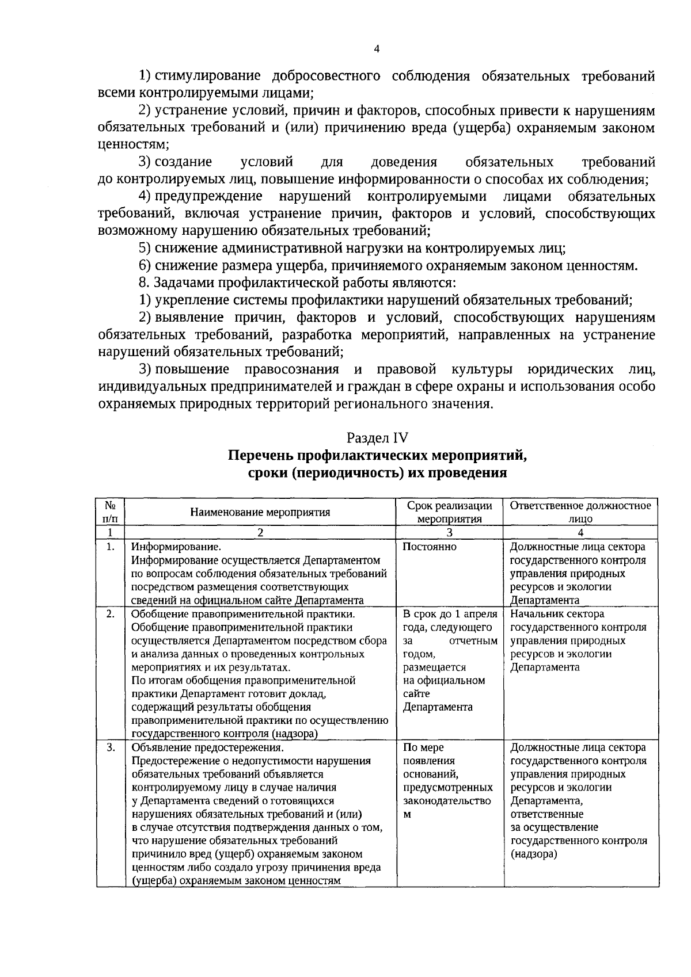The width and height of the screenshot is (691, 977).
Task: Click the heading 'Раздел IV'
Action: point(377,438)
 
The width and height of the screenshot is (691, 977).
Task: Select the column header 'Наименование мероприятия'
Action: point(260,512)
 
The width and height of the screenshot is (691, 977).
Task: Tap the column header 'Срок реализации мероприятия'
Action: point(449,512)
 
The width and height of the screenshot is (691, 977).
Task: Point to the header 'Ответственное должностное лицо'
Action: point(580,512)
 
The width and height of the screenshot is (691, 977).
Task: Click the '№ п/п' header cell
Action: point(111,512)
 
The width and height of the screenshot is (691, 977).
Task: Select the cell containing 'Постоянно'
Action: point(430,547)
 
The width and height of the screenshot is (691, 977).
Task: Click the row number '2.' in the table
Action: point(111,614)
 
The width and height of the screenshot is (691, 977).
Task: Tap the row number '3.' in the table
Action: point(111,747)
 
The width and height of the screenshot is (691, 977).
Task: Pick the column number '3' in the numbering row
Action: point(449,532)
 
